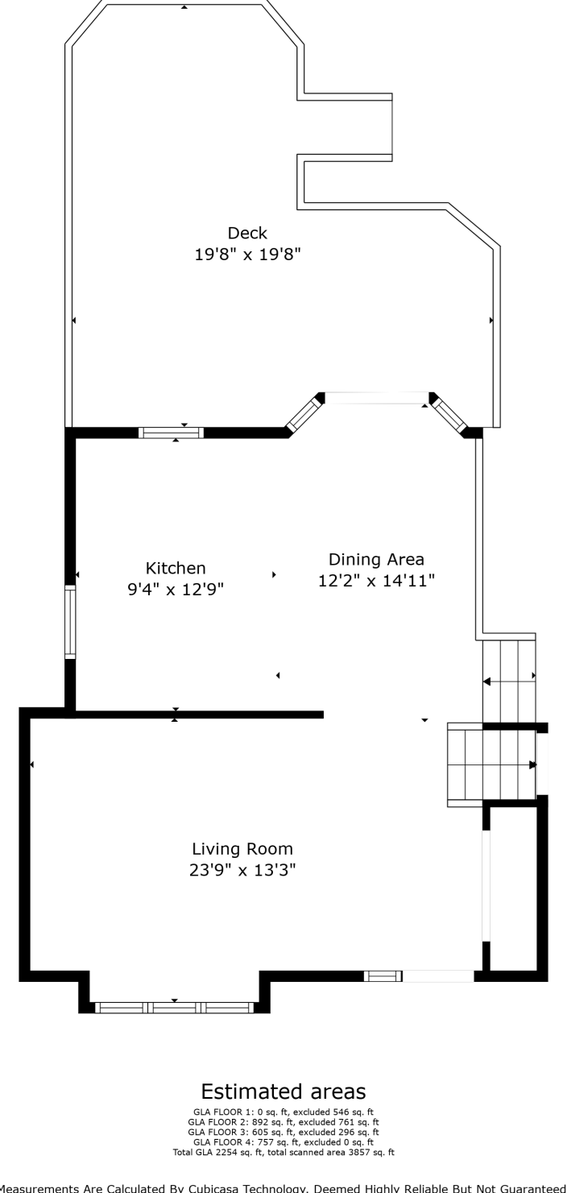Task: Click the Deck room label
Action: pos(247,233)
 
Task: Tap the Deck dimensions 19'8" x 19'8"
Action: pos(247,255)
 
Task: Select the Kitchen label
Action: pos(176,568)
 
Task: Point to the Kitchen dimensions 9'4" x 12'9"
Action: pos(176,590)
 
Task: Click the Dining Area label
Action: pos(376,559)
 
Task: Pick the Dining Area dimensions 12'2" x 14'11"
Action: pos(376,581)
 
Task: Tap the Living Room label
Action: pos(242,848)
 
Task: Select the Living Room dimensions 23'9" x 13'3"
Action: pos(242,870)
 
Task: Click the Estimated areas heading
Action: pos(283,1092)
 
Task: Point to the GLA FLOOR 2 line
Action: pos(283,1121)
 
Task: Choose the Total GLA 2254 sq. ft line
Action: pos(283,1153)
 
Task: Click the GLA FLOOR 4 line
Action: pos(283,1142)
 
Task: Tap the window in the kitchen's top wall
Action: pos(171,433)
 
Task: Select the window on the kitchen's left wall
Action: pos(70,623)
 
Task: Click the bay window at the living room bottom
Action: pos(174,1007)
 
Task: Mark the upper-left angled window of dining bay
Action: pos(303,414)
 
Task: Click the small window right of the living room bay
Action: pos(383,976)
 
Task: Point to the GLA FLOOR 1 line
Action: pos(283,1111)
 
